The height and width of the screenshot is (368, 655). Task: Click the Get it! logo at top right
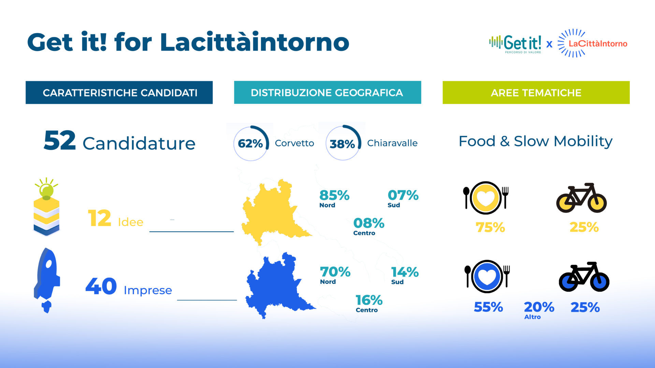(515, 44)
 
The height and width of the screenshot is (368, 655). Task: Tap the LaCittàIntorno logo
(593, 43)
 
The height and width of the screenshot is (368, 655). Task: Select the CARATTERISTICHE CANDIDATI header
(119, 92)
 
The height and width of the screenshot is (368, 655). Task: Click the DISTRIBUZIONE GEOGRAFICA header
(327, 92)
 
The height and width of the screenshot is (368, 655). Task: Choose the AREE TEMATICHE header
(536, 92)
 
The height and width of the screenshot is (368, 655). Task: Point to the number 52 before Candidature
(60, 140)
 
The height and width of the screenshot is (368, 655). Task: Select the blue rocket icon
(47, 280)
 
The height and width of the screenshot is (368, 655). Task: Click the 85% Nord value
(334, 198)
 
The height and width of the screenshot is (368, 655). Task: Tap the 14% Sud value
(405, 275)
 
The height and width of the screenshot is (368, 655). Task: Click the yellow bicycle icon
(581, 198)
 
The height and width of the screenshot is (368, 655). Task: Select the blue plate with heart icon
(487, 276)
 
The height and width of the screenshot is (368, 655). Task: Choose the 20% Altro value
(539, 310)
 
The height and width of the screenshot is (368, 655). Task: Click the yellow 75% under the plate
(490, 227)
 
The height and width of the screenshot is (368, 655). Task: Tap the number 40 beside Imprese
(101, 286)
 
